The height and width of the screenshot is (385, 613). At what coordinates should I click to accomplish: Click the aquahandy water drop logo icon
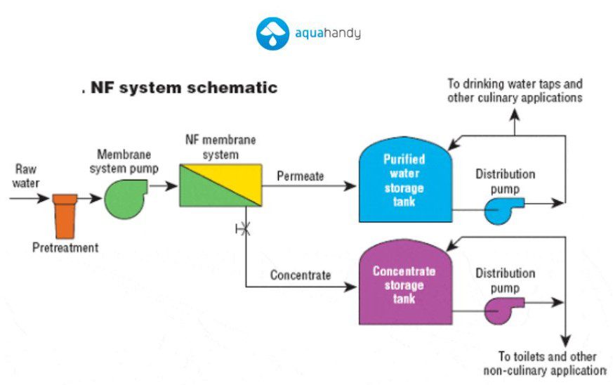[x=272, y=34]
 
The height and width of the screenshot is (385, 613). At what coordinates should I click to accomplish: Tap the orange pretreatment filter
[x=65, y=216]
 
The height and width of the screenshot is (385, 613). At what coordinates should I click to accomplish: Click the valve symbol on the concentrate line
[x=244, y=228]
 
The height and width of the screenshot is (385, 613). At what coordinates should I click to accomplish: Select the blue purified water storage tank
[x=405, y=180]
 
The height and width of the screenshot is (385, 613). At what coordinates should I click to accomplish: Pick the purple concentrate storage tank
[x=405, y=282]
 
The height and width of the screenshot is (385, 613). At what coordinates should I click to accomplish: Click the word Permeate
[x=301, y=176]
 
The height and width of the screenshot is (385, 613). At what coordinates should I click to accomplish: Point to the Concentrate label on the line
[x=301, y=275]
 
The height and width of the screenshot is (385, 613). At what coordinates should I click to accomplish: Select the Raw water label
[x=26, y=176]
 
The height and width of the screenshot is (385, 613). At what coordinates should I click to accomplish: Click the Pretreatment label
[x=65, y=248]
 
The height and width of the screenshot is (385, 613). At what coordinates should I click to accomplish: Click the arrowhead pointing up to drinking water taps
[x=515, y=115]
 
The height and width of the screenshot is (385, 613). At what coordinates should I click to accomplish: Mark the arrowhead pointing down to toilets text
[x=566, y=341]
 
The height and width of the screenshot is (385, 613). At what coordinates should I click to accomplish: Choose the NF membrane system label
[x=220, y=147]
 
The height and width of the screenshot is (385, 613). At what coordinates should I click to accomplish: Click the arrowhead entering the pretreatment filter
[x=44, y=198]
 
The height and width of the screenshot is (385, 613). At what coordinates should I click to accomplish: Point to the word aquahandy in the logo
[x=328, y=33]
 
